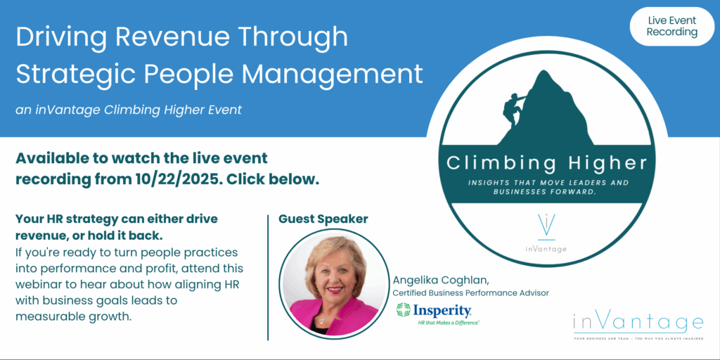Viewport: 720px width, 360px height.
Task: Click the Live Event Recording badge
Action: pos(672,26)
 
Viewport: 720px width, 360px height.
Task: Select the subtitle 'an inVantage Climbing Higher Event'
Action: pos(129,110)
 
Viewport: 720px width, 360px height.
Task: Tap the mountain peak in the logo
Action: pos(545,73)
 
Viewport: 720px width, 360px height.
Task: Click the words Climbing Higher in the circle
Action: pos(546,163)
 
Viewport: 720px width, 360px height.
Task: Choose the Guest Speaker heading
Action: pos(323,219)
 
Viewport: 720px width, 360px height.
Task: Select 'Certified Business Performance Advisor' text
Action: pos(470,292)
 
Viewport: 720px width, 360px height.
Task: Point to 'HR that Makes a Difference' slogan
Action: pos(449,323)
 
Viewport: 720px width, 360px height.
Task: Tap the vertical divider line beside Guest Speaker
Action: pos(268,277)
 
